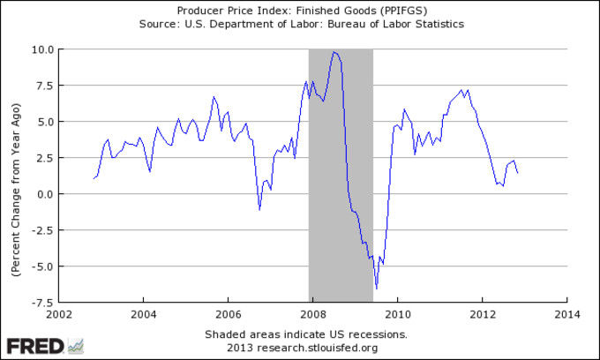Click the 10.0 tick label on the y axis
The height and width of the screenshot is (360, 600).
(41, 49)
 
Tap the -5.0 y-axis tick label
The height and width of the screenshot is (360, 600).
(41, 266)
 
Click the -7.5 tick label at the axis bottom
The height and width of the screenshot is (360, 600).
(41, 302)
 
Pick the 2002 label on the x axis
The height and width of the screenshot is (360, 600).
(58, 313)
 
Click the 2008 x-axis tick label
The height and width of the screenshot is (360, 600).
(313, 313)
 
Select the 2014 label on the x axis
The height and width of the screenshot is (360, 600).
(567, 313)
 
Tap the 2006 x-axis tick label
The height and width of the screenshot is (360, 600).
(229, 313)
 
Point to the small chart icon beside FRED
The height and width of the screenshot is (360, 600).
(76, 345)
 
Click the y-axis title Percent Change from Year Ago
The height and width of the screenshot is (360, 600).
(16, 176)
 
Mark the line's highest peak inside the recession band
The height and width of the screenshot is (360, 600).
(334, 52)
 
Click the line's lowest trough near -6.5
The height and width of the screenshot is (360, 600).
(377, 288)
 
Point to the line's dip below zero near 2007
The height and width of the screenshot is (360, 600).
(259, 209)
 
